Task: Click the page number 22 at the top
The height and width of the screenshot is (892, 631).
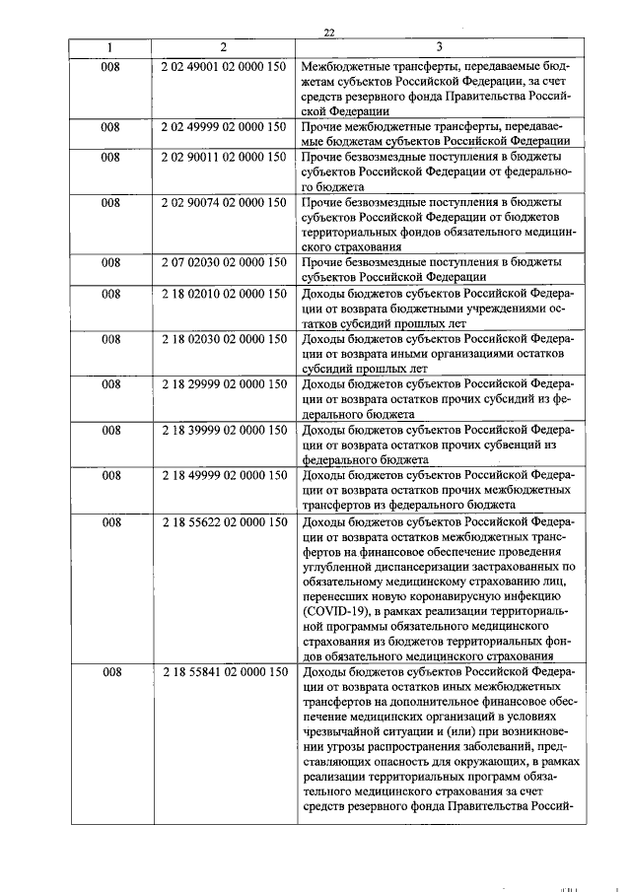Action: [x=329, y=33]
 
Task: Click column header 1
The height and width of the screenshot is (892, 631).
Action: [x=110, y=46]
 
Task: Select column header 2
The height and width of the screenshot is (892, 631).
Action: [x=223, y=46]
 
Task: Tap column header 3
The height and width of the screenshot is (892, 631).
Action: [x=439, y=46]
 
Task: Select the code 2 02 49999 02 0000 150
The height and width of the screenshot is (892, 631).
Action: [x=223, y=127]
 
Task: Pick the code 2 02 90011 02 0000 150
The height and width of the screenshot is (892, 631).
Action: [x=223, y=158]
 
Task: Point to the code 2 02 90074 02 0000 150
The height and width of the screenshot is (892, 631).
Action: [x=223, y=203]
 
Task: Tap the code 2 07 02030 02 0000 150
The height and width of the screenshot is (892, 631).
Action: [x=223, y=263]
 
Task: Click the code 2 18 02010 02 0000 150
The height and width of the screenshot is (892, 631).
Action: [x=223, y=294]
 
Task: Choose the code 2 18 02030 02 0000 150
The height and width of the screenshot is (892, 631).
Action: [x=223, y=339]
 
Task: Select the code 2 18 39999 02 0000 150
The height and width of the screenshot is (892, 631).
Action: [x=223, y=431]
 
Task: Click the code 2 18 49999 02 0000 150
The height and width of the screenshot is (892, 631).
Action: [x=223, y=476]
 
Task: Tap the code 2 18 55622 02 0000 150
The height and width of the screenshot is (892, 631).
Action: [x=223, y=521]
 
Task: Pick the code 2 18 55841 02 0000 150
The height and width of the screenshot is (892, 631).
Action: [x=223, y=672]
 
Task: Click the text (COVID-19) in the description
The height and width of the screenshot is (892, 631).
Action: [x=340, y=612]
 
